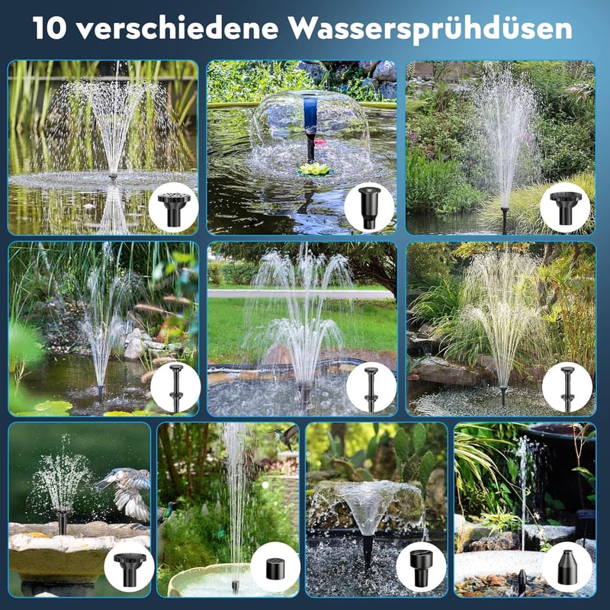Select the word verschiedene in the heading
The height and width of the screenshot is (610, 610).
(178, 27)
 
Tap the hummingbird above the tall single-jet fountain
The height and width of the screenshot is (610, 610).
(285, 435)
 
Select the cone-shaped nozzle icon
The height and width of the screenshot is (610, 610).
(567, 567)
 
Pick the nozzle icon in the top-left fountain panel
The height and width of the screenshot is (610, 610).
(174, 209)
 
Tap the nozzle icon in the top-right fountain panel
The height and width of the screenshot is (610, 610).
(565, 208)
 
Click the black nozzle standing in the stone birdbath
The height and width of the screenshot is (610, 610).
(63, 521)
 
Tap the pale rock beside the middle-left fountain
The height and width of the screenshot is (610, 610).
(134, 345)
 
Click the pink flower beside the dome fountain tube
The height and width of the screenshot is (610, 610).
(319, 143)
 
